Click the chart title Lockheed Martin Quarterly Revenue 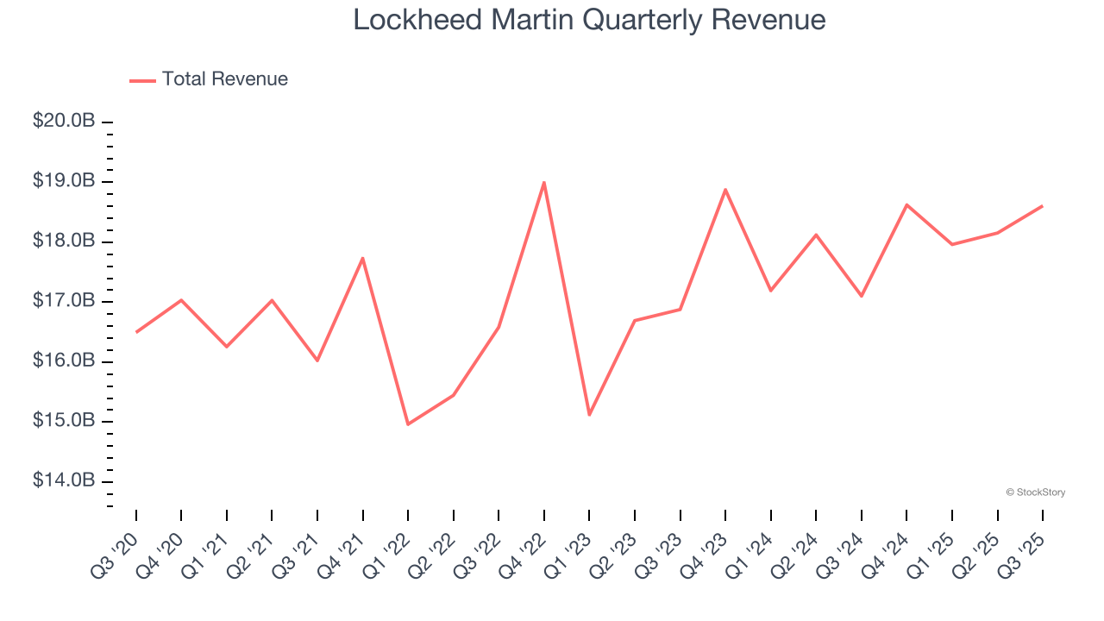pos(589,20)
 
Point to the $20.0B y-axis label pos(64,122)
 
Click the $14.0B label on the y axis pos(64,480)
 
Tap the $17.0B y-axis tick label pos(64,301)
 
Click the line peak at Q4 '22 pos(544,182)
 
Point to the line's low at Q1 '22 pos(408,424)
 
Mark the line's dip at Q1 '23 pos(589,415)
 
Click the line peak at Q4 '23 pos(725,189)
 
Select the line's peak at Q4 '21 pos(362,258)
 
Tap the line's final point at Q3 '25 pos(1042,206)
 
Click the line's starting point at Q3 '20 pos(136,332)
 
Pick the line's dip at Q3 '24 pos(862,296)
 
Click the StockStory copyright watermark pos(1035,492)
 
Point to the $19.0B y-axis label pos(64,181)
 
